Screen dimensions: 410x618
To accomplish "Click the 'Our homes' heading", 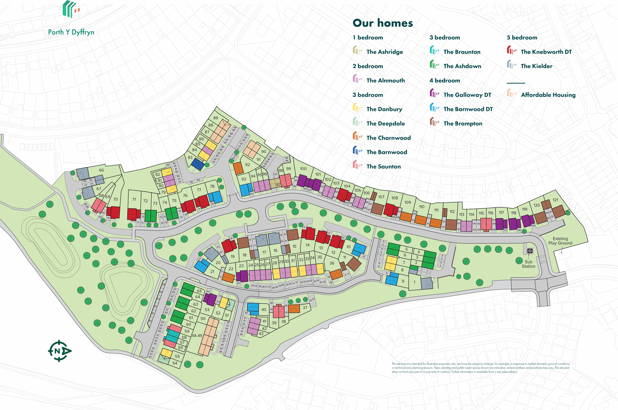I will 383,23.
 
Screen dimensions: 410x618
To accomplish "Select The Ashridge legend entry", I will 385,52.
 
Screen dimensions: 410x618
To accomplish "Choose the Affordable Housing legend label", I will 548,95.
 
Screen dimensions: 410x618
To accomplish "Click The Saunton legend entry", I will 384,167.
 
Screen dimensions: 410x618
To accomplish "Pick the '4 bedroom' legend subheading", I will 445,80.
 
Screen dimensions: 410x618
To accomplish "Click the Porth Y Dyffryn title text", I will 71,32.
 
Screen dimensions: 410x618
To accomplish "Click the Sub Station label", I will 528,264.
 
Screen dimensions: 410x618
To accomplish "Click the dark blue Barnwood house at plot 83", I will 198,164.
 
